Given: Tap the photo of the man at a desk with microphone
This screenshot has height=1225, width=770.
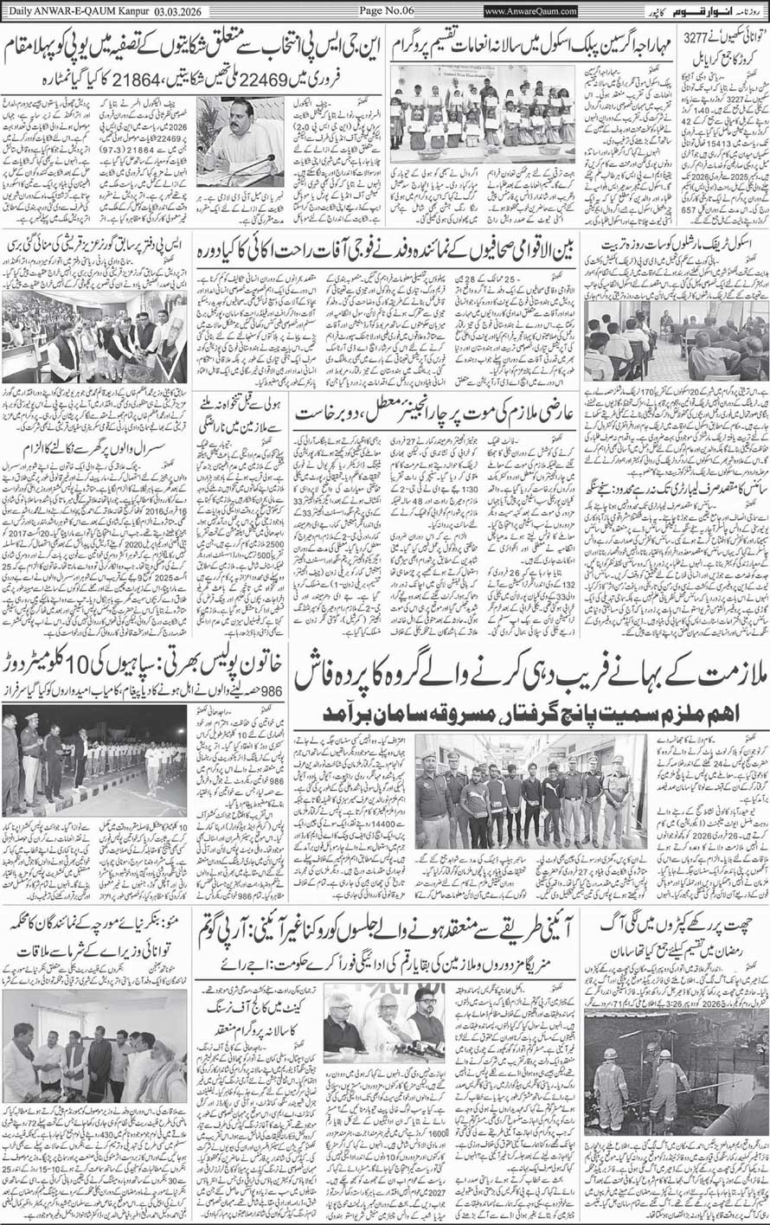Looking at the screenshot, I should click(241, 141).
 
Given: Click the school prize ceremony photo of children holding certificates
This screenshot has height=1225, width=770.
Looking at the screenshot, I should click(483, 113).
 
